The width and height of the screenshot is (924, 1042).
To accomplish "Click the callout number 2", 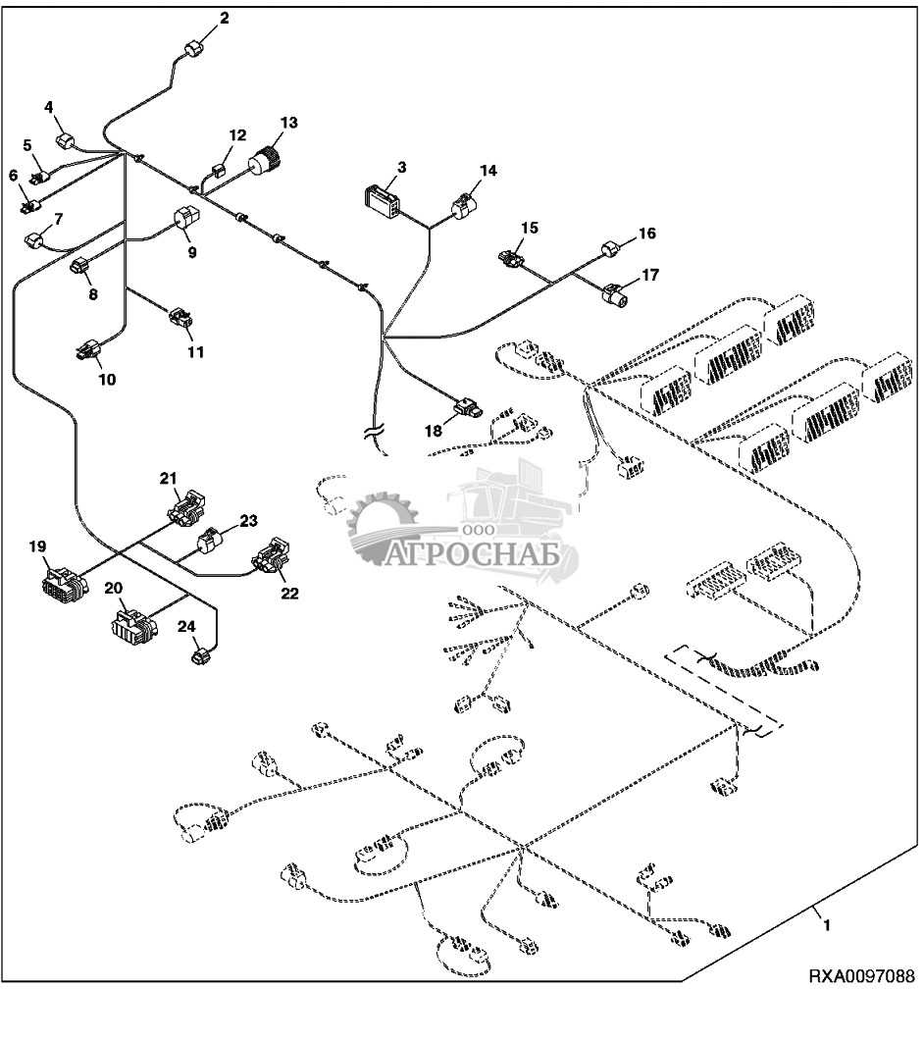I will point(224,19).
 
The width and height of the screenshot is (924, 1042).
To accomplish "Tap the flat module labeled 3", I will point(380,201).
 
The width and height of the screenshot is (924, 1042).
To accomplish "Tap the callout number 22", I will point(290,593).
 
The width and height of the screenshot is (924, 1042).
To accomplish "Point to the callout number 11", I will point(196,351).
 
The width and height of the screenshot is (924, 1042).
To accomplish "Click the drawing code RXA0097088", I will point(860,1004).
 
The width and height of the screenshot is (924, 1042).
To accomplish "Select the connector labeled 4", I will point(65,141).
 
